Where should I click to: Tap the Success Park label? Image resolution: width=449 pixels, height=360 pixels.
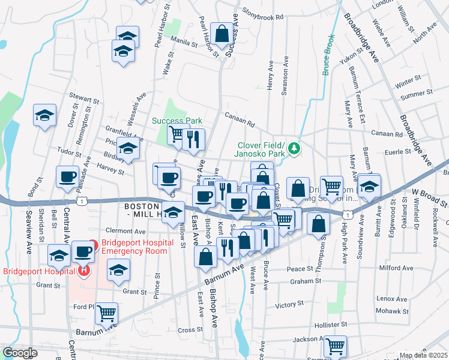(x=177, y=121)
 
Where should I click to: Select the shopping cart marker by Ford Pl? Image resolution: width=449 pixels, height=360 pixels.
(x=106, y=313)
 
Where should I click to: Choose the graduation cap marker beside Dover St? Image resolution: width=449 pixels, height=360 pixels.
(x=44, y=115)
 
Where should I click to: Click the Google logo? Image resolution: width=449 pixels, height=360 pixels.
(x=20, y=353)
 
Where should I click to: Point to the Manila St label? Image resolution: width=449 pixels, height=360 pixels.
(x=185, y=44)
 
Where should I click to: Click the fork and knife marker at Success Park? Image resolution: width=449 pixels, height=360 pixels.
(x=193, y=140)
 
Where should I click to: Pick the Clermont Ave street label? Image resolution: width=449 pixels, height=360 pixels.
(x=125, y=230)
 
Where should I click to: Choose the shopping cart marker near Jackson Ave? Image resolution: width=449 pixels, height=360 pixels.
(x=336, y=345)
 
